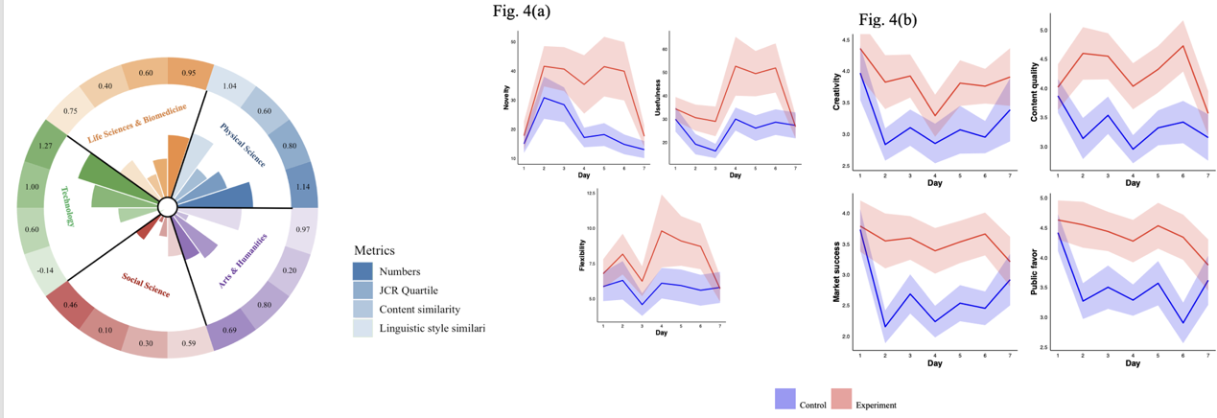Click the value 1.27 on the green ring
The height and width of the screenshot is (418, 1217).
click(x=45, y=146)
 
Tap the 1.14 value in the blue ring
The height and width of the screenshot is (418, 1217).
click(x=304, y=187)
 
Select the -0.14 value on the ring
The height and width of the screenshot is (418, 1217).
click(x=44, y=270)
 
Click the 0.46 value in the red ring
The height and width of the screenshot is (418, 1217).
click(x=70, y=305)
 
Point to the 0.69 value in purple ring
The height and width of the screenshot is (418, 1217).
click(x=230, y=331)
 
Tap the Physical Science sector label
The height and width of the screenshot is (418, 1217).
click(x=242, y=145)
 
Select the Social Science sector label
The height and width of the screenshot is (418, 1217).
click(x=146, y=285)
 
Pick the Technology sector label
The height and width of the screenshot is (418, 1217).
click(x=69, y=206)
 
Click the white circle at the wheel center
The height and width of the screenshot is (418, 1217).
click(x=167, y=207)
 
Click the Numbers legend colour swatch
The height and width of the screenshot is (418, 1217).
click(x=363, y=271)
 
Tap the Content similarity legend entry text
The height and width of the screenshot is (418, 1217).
click(x=420, y=309)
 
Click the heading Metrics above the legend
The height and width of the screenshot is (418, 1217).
click(x=374, y=250)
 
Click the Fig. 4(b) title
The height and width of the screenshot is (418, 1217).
click(x=888, y=20)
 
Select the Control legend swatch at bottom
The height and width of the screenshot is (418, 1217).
click(x=784, y=398)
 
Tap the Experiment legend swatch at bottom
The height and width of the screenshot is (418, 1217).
click(x=840, y=398)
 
